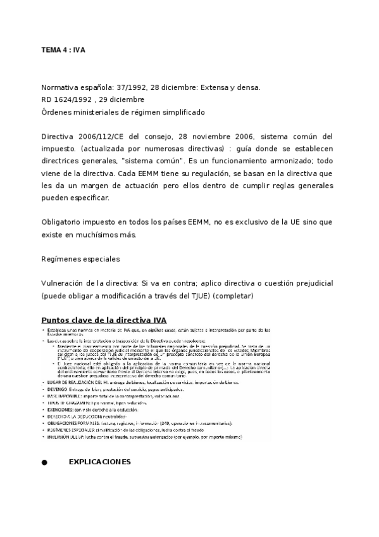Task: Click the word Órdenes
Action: [x=57, y=112]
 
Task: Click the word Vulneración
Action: [x=65, y=283]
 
